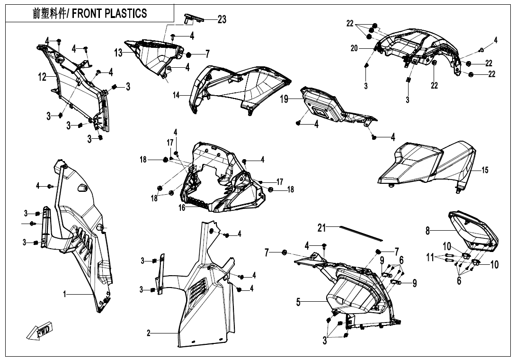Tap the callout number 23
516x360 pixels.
pyautogui.click(x=222, y=19)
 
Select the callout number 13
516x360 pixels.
pyautogui.click(x=118, y=53)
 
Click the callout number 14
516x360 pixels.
pyautogui.click(x=177, y=95)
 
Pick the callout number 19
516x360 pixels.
pyautogui.click(x=284, y=99)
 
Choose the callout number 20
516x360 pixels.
pyautogui.click(x=355, y=48)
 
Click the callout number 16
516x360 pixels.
pyautogui.click(x=182, y=207)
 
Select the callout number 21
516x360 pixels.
pyautogui.click(x=322, y=228)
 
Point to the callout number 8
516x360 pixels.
pyautogui.click(x=427, y=231)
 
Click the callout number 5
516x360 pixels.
pyautogui.click(x=298, y=302)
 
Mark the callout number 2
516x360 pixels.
pyautogui.click(x=149, y=333)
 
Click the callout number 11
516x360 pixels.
pyautogui.click(x=430, y=257)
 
